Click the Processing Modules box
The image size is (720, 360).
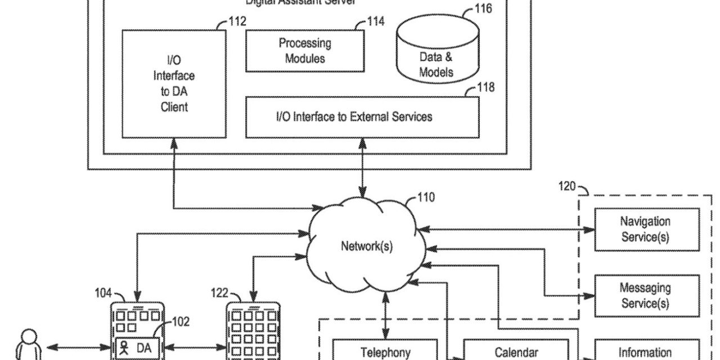305,51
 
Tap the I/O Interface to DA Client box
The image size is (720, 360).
174,83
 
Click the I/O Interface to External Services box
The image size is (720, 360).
362,117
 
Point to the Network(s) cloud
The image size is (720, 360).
367,246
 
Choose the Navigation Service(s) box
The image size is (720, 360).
645,229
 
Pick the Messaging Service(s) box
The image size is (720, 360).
645,296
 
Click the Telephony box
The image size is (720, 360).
385,352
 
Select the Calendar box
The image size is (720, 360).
516,352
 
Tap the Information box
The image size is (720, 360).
645,352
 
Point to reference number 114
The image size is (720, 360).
376,21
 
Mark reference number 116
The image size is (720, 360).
483,8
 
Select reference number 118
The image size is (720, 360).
487,87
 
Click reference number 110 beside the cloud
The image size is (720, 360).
426,197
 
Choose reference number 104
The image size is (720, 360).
103,292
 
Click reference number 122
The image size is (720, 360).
219,292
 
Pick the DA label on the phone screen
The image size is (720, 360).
144,348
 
